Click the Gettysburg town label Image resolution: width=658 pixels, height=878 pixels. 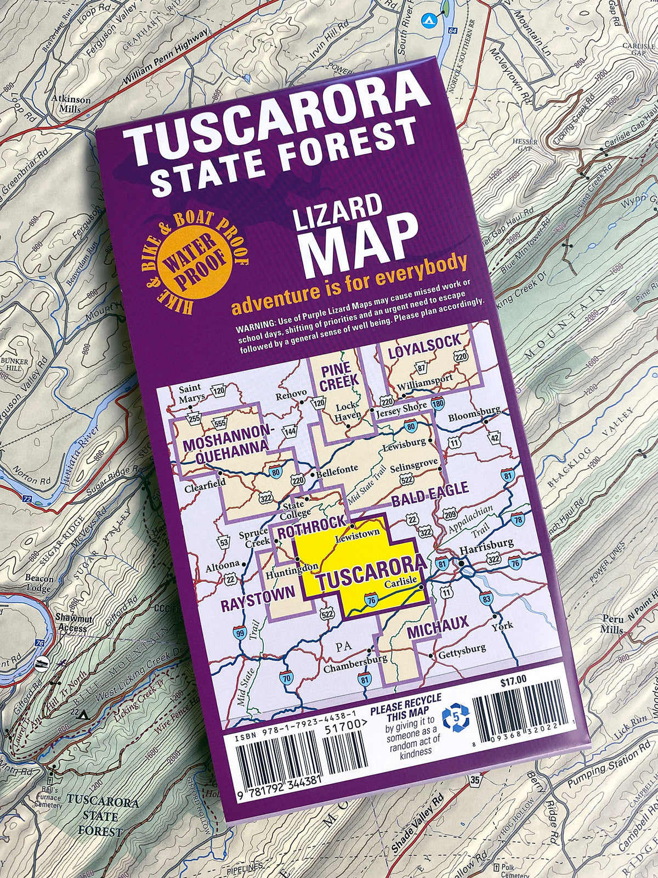click(x=461, y=649)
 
